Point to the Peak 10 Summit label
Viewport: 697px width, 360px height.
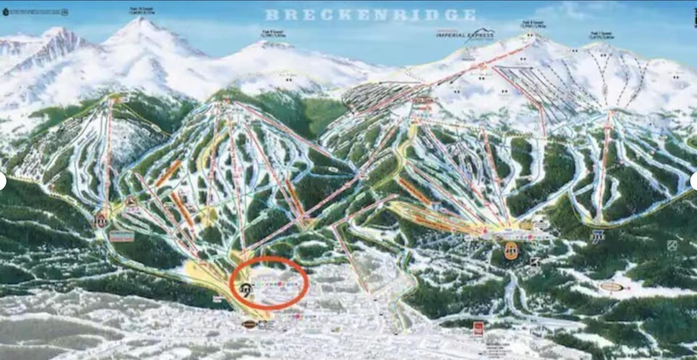[x=141, y=11]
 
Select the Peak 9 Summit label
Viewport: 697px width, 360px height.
[x=274, y=34]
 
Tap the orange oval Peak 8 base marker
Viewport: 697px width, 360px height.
[x=511, y=250]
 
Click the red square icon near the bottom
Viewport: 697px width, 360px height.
[x=478, y=328]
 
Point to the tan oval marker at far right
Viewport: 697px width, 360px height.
[x=612, y=287]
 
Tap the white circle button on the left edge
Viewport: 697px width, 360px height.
[x=2, y=181]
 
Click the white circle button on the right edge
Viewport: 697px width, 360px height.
[x=694, y=181]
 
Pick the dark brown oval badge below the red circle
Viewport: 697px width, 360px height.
[x=249, y=324]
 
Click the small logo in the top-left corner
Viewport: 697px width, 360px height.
[x=6, y=12]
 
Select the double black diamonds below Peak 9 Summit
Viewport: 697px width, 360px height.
[x=289, y=80]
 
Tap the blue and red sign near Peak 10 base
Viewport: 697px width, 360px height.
[x=122, y=236]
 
